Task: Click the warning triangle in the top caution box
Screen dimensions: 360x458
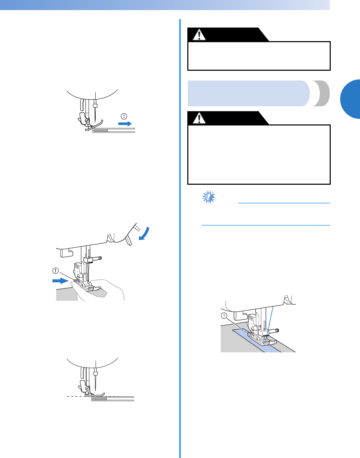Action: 199,35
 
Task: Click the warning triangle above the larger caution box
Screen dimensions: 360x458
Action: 199,119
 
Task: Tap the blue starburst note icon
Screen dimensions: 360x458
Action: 208,198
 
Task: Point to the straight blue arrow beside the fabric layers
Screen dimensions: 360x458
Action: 125,123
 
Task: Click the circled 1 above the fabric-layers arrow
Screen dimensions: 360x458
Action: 124,116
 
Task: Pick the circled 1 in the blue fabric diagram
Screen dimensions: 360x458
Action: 224,316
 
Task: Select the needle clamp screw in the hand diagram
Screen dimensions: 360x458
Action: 100,258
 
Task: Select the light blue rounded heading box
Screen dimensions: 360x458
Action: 248,93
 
